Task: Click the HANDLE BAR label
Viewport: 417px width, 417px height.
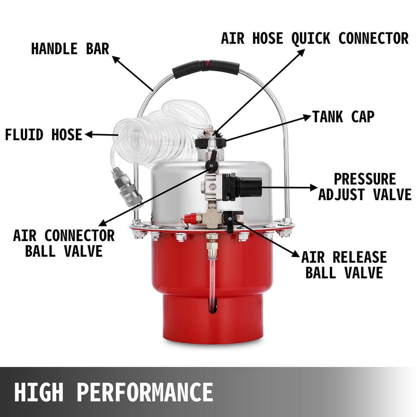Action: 70,48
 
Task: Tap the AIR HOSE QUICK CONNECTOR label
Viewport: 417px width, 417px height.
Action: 315,38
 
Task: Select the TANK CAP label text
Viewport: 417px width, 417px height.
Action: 343,117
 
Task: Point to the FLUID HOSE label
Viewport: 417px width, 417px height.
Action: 44,135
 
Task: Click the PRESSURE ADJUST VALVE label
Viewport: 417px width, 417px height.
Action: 365,187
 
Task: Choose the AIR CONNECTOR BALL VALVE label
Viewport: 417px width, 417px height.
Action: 64,243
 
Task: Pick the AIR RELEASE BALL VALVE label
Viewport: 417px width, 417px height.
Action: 344,264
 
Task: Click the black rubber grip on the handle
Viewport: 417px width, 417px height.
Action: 206,67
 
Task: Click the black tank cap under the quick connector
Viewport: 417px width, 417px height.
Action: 211,143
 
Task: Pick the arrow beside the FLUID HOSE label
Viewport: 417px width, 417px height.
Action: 100,135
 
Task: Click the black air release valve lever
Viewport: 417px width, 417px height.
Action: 230,221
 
